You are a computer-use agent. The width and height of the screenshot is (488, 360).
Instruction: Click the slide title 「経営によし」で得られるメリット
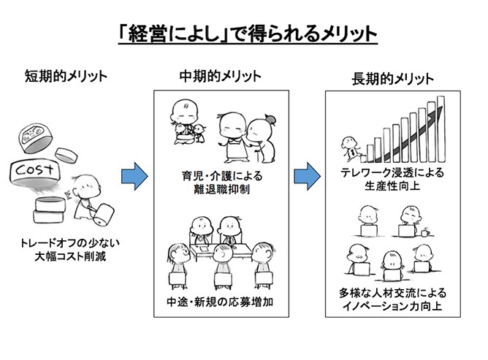244,32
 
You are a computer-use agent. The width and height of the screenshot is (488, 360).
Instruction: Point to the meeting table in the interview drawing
219,253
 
